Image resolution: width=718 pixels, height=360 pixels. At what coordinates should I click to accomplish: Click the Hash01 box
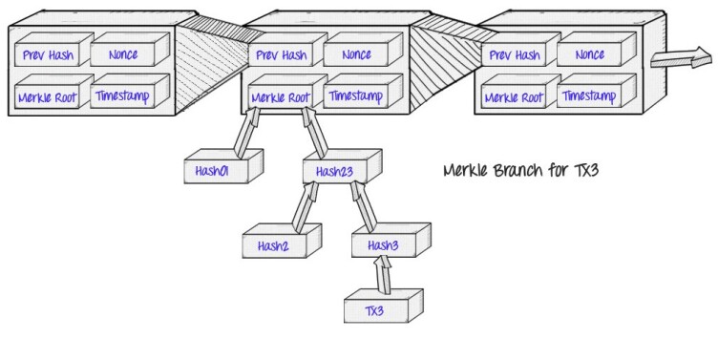[x=223, y=166]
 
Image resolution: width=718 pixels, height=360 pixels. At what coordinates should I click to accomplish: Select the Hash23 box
[x=342, y=166]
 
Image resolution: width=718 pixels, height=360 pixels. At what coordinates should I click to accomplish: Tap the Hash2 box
[x=282, y=241]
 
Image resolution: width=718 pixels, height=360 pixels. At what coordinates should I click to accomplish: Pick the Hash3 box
[x=391, y=240]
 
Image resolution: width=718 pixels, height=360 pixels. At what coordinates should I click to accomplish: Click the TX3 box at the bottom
[x=383, y=306]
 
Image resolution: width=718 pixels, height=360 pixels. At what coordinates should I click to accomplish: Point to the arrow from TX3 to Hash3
[x=383, y=274]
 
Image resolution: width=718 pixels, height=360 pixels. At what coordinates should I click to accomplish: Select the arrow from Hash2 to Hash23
[x=306, y=207]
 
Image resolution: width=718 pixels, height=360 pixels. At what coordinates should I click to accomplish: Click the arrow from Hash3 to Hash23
[x=364, y=206]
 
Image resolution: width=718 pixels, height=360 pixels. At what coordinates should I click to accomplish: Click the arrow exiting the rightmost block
[x=682, y=57]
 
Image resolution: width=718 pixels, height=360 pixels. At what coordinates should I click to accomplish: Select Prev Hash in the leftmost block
[x=48, y=55]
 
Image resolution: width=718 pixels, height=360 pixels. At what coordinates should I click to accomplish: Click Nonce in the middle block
[x=356, y=54]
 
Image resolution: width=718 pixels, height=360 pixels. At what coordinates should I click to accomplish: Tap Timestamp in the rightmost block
[x=589, y=95]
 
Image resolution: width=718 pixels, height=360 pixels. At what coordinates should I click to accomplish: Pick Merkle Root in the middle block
[x=281, y=97]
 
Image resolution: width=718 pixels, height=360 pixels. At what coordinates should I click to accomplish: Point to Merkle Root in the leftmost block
[x=48, y=97]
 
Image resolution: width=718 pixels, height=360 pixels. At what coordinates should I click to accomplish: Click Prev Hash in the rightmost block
[x=515, y=55]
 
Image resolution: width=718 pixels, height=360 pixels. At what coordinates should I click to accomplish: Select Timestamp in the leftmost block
[x=122, y=95]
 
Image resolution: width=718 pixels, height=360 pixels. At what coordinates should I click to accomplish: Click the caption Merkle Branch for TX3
[x=521, y=170]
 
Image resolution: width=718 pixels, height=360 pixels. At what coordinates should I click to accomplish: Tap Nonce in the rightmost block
[x=590, y=54]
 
